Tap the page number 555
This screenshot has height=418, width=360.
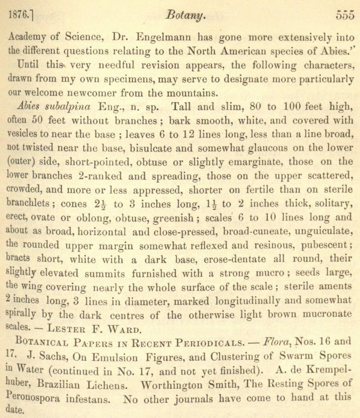click(345, 16)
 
